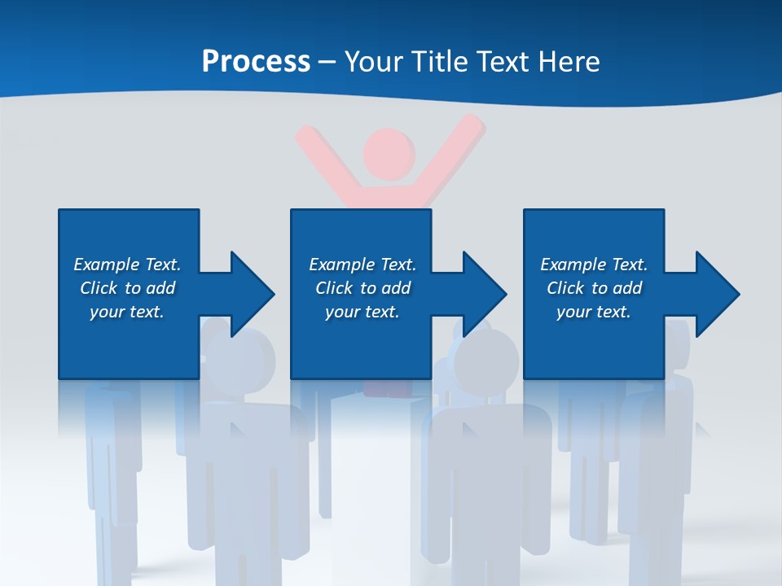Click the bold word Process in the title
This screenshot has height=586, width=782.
[256, 62]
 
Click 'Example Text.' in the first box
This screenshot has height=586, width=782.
[127, 265]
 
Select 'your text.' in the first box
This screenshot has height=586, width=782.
[127, 312]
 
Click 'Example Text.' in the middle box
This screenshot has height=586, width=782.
[362, 265]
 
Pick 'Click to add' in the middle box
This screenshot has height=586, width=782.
[362, 288]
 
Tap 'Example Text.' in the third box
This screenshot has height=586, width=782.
[594, 265]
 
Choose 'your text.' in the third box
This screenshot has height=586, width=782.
[594, 312]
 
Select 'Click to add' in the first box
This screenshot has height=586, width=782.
[127, 288]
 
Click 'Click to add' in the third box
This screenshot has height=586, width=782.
[594, 288]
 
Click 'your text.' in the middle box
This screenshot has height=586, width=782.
[362, 312]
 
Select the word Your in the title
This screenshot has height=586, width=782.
[374, 62]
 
